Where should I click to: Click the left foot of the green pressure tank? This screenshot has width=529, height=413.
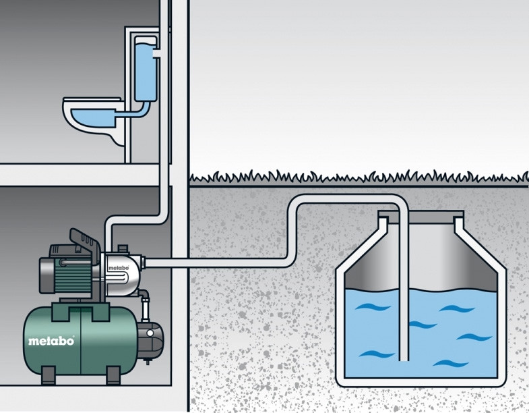tap(50, 374)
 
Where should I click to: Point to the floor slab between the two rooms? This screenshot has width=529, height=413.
tap(81, 174)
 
